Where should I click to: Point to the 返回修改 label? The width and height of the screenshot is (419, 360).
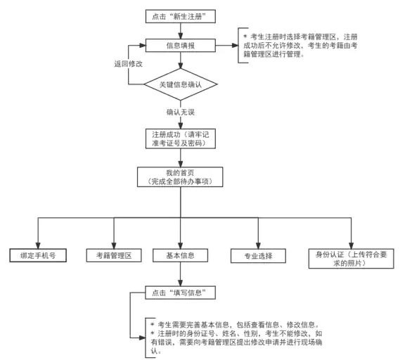(128, 63)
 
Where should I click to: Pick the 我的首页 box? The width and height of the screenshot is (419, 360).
(181, 176)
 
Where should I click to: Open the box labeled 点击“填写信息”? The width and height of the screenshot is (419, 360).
(181, 291)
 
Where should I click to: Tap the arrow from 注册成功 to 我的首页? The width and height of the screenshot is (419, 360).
(179, 157)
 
